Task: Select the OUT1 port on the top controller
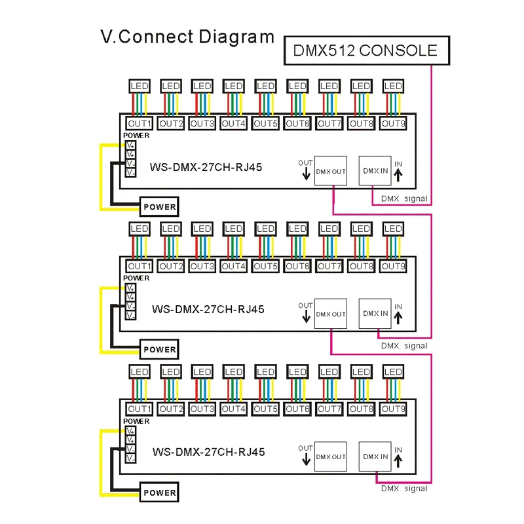click(139, 122)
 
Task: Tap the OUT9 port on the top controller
click(392, 122)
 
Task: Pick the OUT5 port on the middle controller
click(265, 266)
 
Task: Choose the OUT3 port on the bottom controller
click(202, 409)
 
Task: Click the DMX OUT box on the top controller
click(331, 171)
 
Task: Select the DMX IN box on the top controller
click(375, 171)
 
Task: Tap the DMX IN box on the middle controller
click(375, 314)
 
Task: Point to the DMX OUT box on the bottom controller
click(331, 457)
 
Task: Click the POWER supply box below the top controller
click(160, 207)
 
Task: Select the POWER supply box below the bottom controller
click(160, 493)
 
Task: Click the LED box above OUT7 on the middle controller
click(329, 229)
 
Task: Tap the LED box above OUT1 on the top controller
click(139, 86)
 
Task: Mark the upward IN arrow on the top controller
click(399, 174)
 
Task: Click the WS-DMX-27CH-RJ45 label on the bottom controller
click(208, 452)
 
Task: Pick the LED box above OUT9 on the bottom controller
click(392, 371)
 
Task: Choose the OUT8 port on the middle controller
click(360, 266)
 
